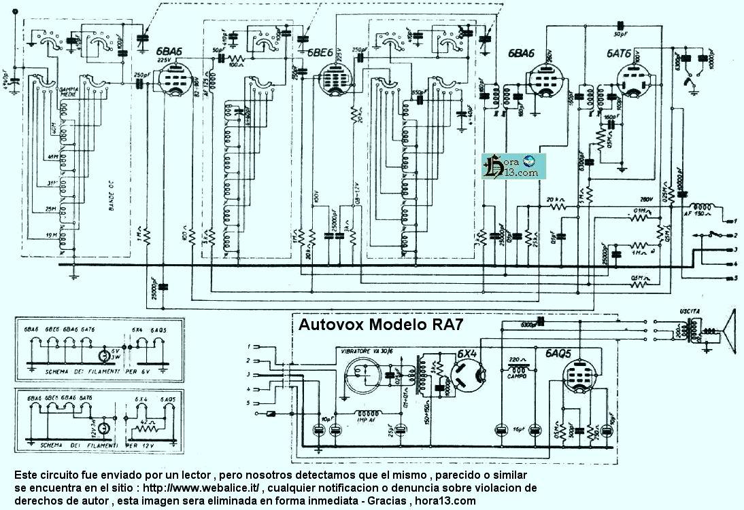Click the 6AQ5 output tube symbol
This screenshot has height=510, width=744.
tap(580, 375)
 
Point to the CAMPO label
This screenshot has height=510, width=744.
tap(519, 366)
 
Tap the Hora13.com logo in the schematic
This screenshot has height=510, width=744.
tap(511, 166)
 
